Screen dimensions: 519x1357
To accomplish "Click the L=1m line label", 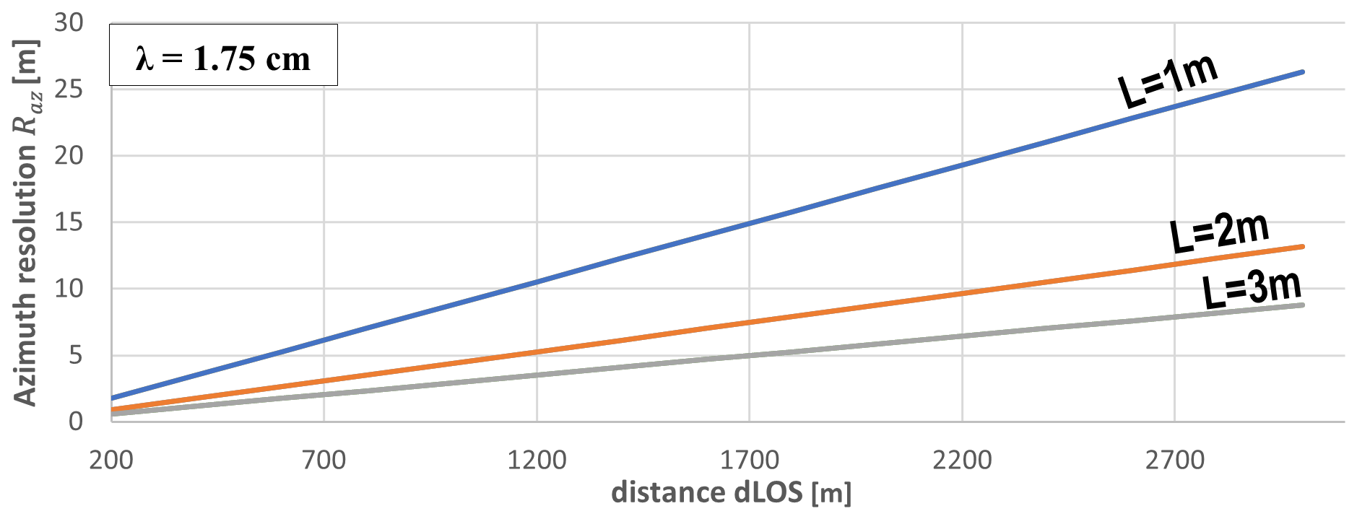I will click(x=1168, y=82).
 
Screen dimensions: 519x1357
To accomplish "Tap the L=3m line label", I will click(x=1252, y=289).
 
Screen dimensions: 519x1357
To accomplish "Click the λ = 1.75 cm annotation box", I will click(x=223, y=56).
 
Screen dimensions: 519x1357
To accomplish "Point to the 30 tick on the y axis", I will click(x=69, y=23).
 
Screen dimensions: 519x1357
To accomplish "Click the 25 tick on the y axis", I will click(x=69, y=90).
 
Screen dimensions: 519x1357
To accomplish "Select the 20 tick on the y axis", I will click(x=69, y=156).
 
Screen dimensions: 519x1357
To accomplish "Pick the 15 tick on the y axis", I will click(x=69, y=222).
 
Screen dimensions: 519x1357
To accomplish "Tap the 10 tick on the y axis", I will click(x=69, y=289).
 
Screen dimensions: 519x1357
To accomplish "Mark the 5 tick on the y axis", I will click(x=76, y=355).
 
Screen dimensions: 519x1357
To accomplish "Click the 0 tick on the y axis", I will click(x=76, y=422).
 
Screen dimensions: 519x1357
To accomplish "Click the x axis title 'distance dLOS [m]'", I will click(x=731, y=493).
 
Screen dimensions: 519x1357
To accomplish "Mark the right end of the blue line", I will click(x=1302, y=72).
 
